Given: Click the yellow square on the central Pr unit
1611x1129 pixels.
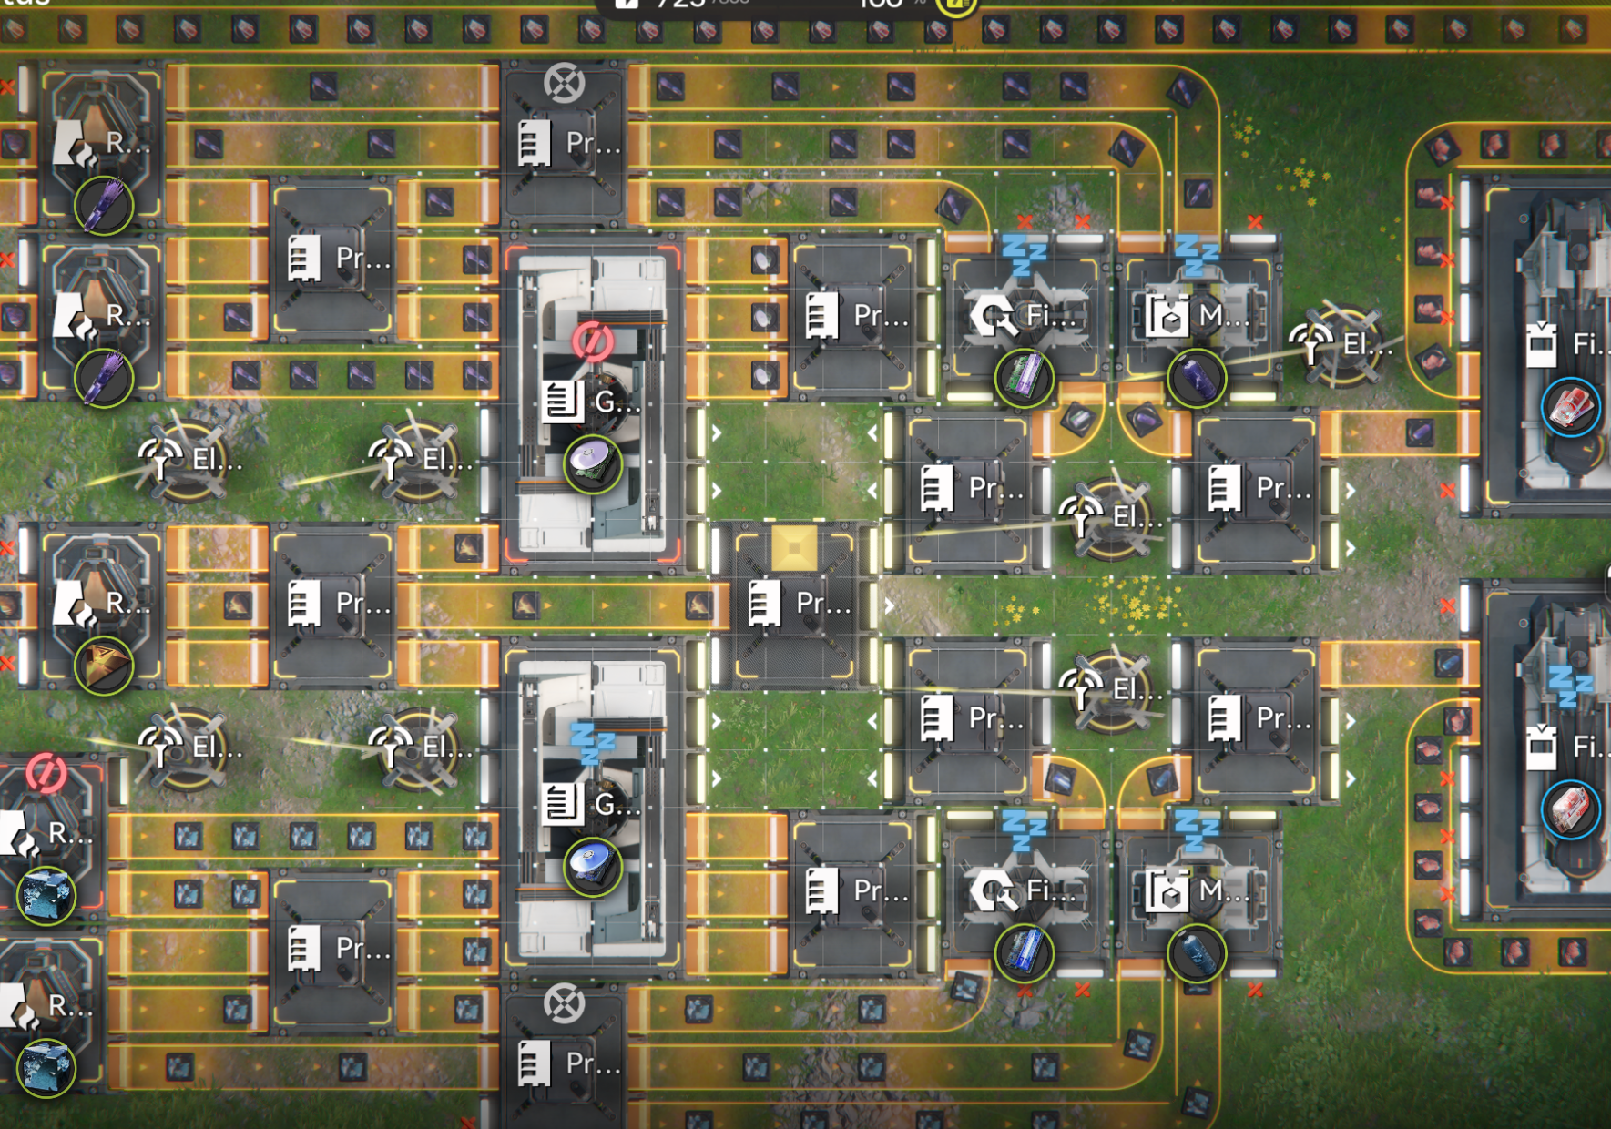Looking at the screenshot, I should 793,548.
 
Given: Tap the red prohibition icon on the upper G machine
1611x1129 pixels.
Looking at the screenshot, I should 592,341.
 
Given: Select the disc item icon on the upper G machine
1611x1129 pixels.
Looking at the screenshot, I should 592,463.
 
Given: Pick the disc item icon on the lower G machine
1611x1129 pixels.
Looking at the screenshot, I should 592,866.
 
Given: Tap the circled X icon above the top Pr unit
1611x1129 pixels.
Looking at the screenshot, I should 564,84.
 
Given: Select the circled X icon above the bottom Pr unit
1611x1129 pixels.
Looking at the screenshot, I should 564,1004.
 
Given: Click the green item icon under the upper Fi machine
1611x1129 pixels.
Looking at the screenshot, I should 1024,377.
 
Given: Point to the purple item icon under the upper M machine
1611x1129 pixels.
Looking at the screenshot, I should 1197,377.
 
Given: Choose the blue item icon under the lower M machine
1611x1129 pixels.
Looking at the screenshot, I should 1197,953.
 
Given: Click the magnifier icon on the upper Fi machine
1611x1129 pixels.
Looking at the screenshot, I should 993,317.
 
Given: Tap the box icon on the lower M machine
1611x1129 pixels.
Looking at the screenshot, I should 1167,892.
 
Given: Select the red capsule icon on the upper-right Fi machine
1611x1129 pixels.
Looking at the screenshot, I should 1571,406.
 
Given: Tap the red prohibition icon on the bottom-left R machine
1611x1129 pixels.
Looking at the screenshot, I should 46,773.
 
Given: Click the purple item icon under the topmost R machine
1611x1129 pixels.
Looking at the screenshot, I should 104,204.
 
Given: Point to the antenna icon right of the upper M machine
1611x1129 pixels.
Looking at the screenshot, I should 1311,344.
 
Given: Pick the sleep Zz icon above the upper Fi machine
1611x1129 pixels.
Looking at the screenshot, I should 1024,254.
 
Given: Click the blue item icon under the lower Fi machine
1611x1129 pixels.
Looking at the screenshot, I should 1024,953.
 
